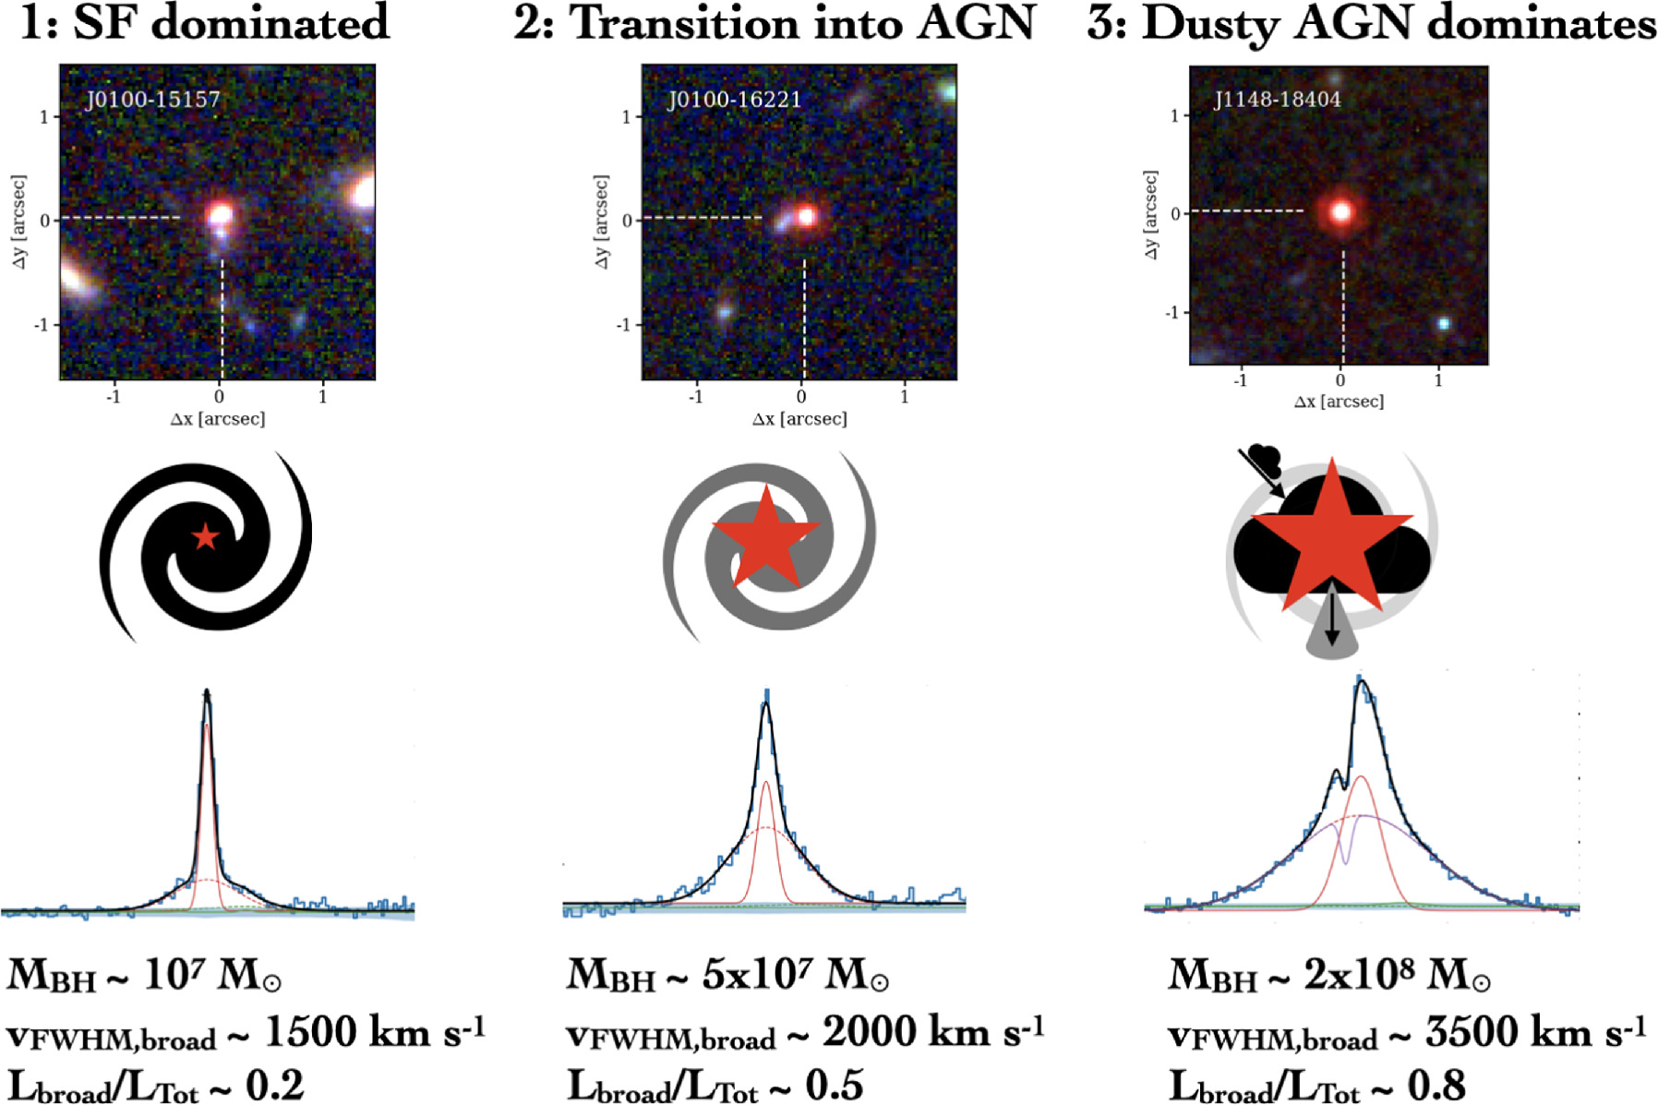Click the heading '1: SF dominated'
(x=205, y=22)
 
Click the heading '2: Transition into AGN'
(x=774, y=22)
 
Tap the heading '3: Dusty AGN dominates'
(x=1371, y=22)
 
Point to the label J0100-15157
(x=152, y=99)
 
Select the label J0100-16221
(x=734, y=99)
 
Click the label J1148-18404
(x=1277, y=99)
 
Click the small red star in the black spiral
(x=205, y=536)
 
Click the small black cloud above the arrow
(x=1262, y=456)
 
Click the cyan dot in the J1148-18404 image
(x=1444, y=323)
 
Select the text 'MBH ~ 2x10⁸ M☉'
(x=1329, y=975)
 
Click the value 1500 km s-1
(x=374, y=1032)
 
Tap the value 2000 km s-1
(x=932, y=1032)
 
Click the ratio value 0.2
(x=274, y=1086)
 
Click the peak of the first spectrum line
(x=207, y=692)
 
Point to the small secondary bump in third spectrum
(x=1336, y=772)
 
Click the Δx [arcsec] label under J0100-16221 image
(x=799, y=419)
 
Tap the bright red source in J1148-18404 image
(x=1340, y=211)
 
